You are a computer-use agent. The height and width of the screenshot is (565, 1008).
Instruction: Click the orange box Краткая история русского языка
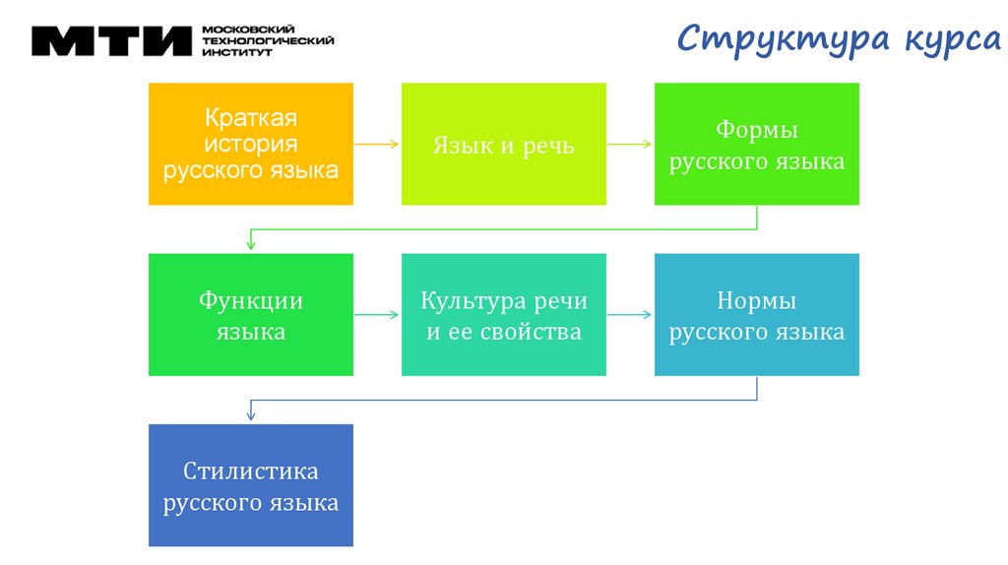(x=250, y=144)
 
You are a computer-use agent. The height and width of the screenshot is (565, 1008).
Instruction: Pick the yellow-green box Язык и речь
(x=503, y=144)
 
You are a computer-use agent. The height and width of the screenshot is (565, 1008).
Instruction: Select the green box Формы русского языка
(x=756, y=144)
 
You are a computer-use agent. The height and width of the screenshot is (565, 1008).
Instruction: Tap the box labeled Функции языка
(x=250, y=314)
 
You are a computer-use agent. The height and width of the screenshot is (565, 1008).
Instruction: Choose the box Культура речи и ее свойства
(x=503, y=314)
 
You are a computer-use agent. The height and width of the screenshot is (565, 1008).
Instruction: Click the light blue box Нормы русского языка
(x=756, y=314)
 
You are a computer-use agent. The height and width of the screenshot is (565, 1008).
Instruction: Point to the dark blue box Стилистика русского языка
(x=250, y=485)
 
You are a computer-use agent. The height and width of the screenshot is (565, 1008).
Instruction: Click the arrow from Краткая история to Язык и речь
(x=376, y=144)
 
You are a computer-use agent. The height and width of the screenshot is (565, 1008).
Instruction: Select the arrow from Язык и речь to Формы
(x=630, y=144)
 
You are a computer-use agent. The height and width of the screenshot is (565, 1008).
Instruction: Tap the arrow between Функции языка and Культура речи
(x=376, y=315)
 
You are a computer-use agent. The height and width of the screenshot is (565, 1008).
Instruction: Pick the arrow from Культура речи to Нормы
(x=630, y=315)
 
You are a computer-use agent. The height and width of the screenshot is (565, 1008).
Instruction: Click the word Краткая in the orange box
(x=250, y=119)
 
